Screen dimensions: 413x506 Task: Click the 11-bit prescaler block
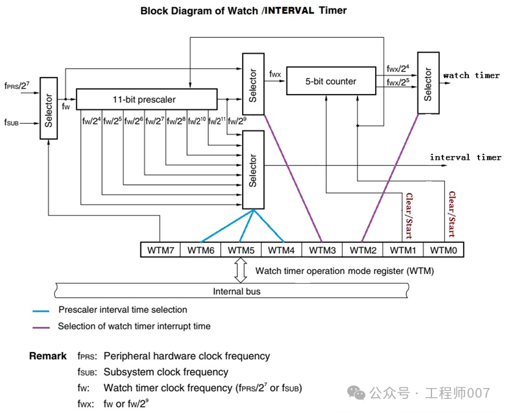pyautogui.click(x=146, y=99)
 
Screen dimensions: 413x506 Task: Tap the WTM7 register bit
pyautogui.click(x=160, y=250)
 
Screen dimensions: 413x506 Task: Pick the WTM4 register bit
pyautogui.click(x=281, y=250)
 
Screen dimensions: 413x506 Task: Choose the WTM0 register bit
pyautogui.click(x=443, y=250)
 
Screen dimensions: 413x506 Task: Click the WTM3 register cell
pyautogui.click(x=321, y=250)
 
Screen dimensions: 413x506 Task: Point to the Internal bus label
pyautogui.click(x=237, y=292)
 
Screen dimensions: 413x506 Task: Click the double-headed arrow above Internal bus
pyautogui.click(x=241, y=270)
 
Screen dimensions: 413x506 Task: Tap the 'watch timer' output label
pyautogui.click(x=471, y=76)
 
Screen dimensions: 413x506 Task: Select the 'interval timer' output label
pyautogui.click(x=465, y=157)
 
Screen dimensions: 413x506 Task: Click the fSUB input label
pyautogui.click(x=12, y=123)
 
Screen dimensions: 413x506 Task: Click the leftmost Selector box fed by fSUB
pyautogui.click(x=49, y=108)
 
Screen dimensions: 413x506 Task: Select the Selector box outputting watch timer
pyautogui.click(x=428, y=82)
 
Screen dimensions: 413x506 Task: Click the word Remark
pyautogui.click(x=48, y=356)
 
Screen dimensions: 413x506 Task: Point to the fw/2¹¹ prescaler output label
pyautogui.click(x=217, y=121)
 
